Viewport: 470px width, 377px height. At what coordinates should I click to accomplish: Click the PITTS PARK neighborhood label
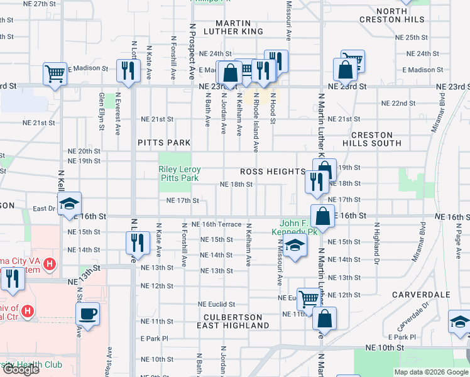164,143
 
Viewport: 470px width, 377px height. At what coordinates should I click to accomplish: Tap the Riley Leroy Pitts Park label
178,173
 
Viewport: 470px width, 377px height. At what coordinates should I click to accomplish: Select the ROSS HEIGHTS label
272,172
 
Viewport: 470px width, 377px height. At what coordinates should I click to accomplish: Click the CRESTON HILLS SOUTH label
381,139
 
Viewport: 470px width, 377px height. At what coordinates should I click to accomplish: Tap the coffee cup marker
87,315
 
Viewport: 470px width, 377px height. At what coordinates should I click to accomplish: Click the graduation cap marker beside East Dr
69,204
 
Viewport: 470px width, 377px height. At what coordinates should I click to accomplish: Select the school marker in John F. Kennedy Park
294,246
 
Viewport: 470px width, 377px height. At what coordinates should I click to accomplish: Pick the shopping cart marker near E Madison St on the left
55,74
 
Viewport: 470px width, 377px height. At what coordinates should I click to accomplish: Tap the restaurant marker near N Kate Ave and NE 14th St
137,243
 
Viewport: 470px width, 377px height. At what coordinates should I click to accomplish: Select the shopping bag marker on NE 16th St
322,216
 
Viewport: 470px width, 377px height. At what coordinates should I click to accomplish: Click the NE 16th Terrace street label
217,224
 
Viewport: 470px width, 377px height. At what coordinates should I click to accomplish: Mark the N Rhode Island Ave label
256,123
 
